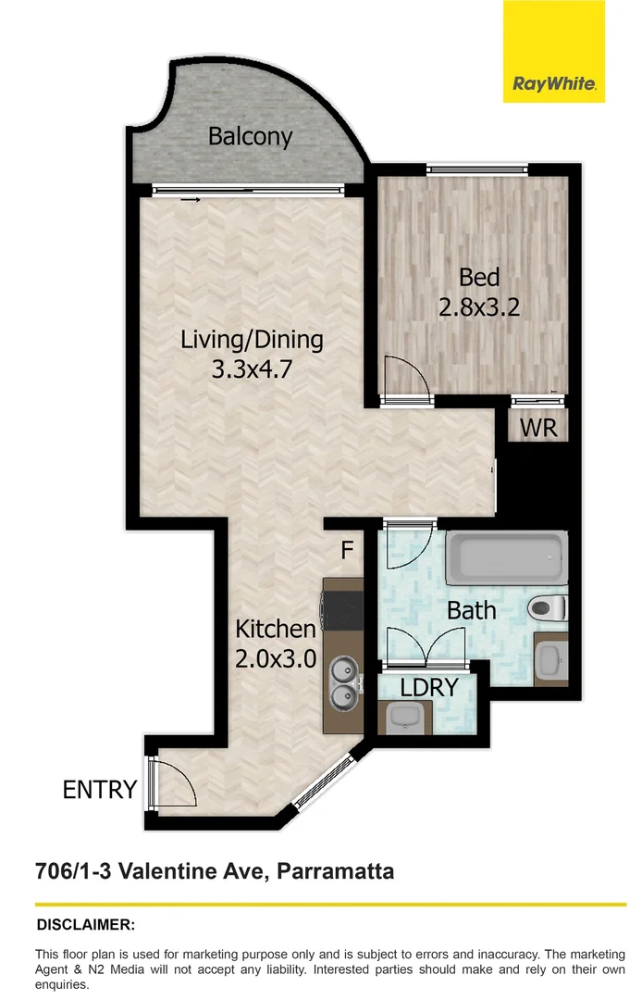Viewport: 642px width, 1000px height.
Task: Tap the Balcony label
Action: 250,137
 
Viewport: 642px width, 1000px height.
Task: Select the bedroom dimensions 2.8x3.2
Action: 479,306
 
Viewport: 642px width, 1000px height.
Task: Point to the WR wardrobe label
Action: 537,429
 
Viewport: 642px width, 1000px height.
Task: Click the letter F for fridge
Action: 347,551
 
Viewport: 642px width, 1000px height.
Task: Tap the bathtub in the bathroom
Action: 506,557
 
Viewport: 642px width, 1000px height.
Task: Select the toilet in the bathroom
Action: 549,608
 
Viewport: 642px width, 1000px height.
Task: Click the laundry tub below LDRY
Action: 406,715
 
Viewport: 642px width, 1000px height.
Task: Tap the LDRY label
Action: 429,687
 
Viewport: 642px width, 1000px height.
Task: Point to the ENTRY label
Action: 99,790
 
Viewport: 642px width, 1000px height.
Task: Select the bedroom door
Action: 405,380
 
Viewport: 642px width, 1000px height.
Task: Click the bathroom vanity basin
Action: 549,660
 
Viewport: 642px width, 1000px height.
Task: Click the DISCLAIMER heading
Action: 85,924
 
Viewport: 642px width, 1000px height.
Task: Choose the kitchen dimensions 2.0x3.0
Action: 276,658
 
